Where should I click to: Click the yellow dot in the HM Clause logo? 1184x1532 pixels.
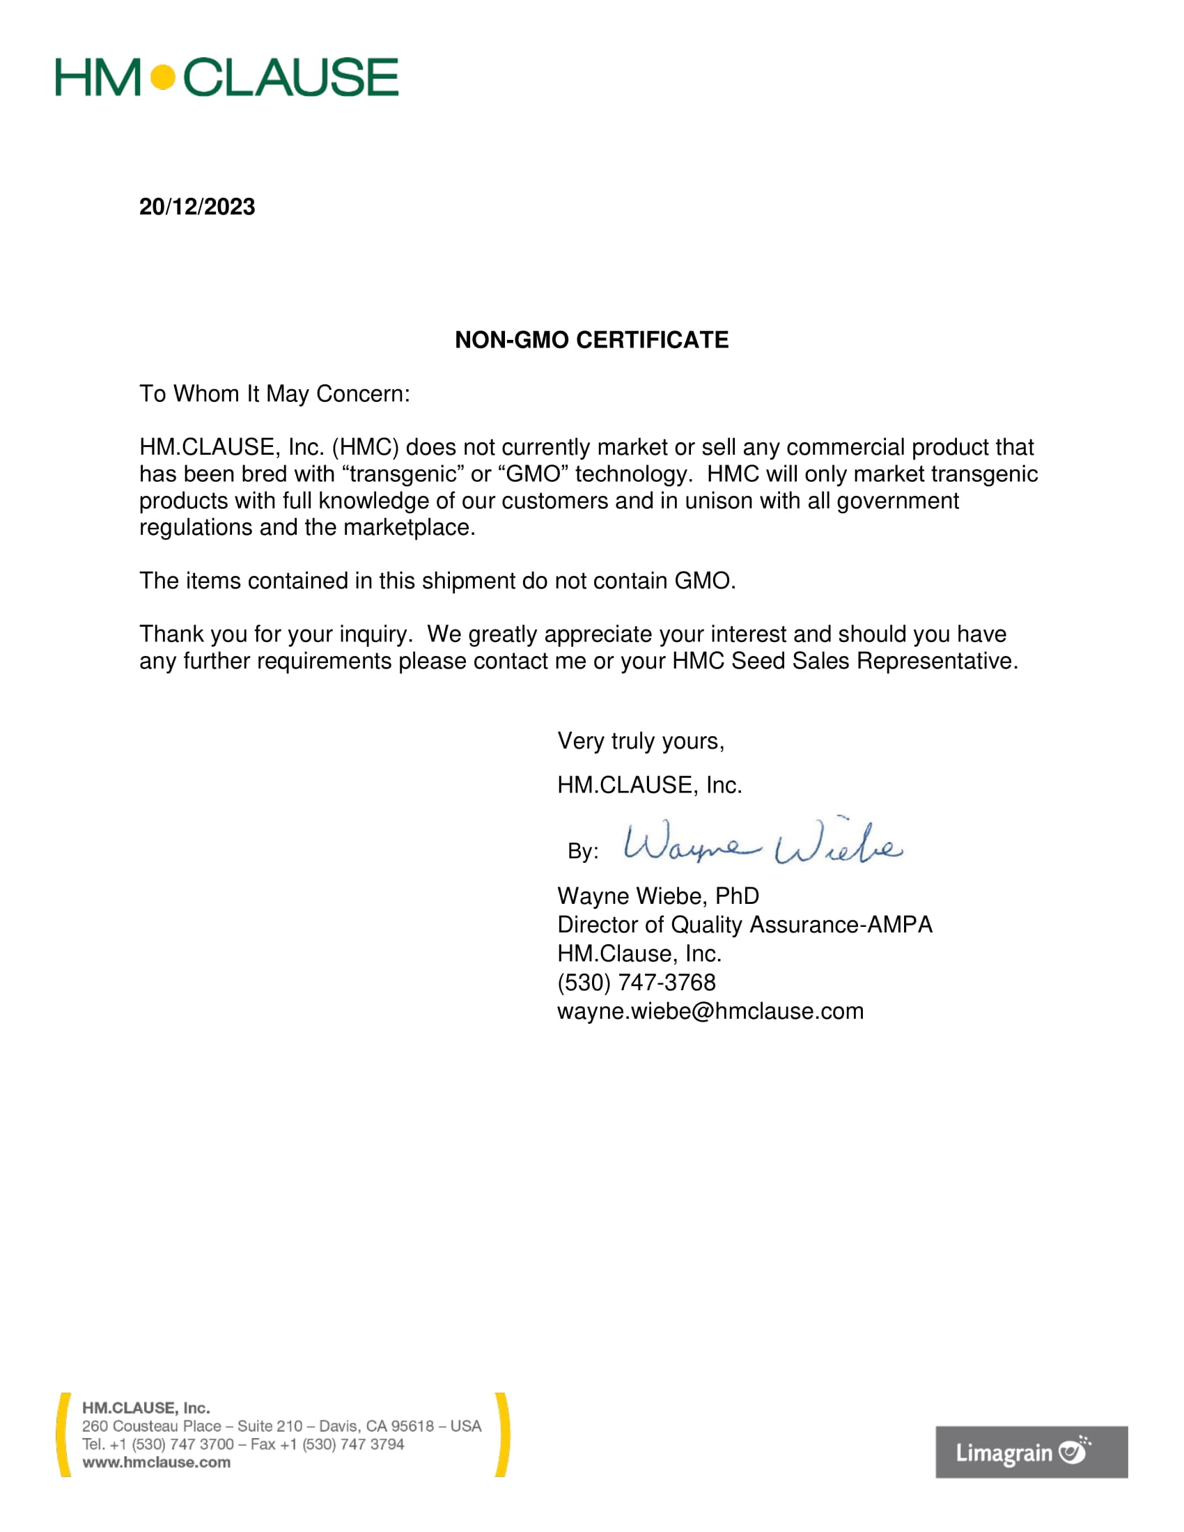(163, 77)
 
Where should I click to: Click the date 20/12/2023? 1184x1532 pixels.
(197, 207)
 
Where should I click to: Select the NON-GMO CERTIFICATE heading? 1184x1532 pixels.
(591, 341)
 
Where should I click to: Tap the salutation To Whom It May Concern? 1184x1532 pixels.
(274, 394)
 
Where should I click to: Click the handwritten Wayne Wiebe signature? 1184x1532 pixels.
(763, 844)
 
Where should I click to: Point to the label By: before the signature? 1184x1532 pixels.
(583, 852)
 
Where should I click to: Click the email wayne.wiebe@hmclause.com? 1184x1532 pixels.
(710, 1012)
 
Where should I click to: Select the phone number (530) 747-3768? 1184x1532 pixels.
(636, 983)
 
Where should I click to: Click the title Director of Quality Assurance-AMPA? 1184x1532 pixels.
(745, 925)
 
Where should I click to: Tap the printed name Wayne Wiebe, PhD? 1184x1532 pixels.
(658, 896)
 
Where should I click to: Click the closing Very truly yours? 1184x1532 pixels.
(640, 742)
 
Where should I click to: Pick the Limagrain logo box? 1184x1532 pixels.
(1031, 1452)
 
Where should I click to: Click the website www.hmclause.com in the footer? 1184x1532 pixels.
(157, 1462)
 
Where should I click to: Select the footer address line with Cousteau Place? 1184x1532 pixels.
(281, 1426)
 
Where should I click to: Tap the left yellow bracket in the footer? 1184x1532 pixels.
(63, 1435)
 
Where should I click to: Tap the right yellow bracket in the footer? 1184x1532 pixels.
(502, 1435)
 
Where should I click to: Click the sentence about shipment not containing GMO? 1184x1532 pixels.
(437, 581)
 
